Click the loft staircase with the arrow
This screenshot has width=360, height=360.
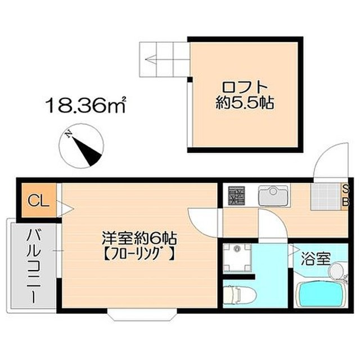point(164,60)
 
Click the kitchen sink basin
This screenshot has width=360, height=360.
point(273,196)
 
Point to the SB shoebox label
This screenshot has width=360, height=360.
point(345,195)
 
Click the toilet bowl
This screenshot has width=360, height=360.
point(239,293)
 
